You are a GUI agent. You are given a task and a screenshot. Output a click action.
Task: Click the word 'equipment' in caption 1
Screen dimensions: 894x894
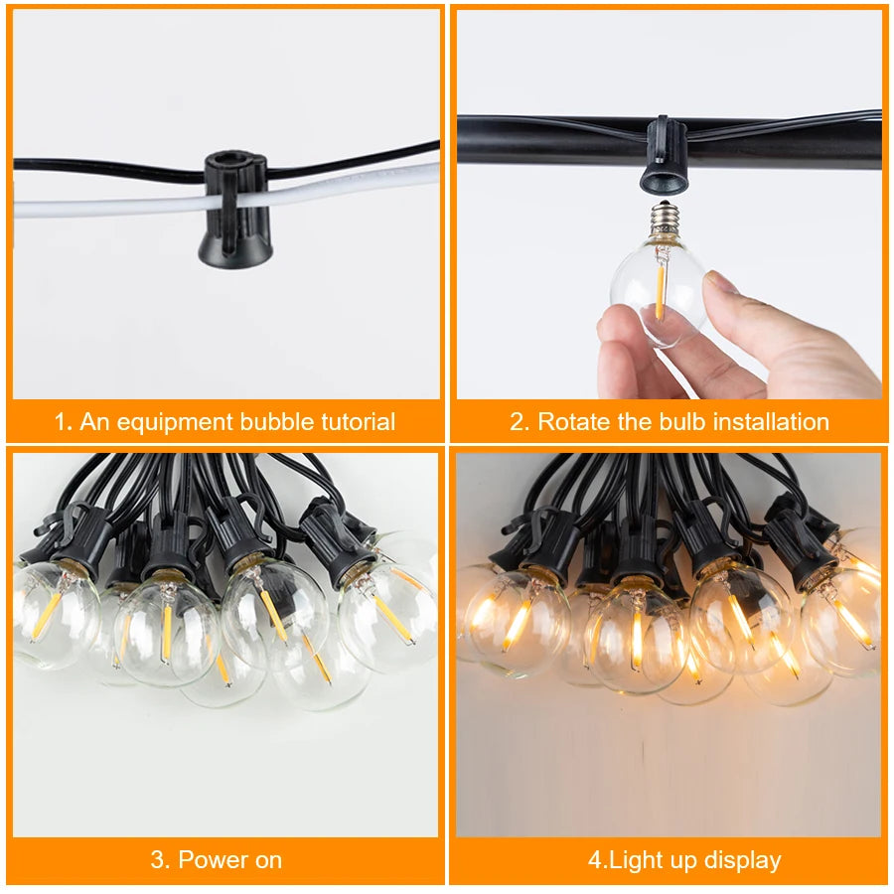click(x=173, y=422)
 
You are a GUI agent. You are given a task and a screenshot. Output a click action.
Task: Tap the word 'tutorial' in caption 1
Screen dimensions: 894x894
click(x=358, y=422)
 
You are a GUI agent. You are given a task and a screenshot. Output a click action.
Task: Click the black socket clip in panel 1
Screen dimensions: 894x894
click(x=235, y=209)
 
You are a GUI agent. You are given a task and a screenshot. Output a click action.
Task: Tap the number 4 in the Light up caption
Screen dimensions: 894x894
click(x=594, y=860)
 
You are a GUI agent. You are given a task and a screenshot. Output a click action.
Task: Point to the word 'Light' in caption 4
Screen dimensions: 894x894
click(x=635, y=860)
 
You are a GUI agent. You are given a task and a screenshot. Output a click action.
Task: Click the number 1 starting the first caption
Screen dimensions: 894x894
click(x=61, y=422)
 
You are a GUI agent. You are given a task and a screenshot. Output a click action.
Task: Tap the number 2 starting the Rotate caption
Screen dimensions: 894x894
click(x=517, y=422)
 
